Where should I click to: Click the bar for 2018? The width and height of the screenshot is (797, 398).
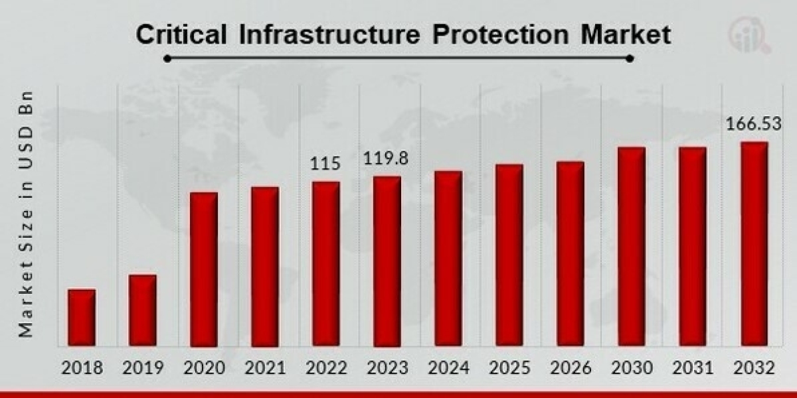[x=82, y=318]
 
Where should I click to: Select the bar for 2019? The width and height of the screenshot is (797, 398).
[x=143, y=310]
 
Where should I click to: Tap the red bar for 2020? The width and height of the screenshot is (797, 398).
[x=204, y=269]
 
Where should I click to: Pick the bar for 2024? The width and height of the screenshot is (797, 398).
[x=448, y=259]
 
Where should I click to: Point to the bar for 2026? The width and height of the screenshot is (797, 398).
[x=571, y=254]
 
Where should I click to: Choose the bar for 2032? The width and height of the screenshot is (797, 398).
[x=754, y=244]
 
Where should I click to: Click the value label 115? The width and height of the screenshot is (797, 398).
[x=325, y=163]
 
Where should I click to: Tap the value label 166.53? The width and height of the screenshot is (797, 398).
[x=753, y=124]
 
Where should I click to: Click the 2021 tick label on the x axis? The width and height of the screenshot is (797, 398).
[x=264, y=367]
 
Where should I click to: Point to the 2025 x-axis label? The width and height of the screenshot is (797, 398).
[x=509, y=367]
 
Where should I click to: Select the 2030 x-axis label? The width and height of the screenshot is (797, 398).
[x=632, y=367]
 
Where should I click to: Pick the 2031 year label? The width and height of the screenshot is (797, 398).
[x=693, y=367]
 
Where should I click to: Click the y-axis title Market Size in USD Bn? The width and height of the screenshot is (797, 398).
[x=26, y=214]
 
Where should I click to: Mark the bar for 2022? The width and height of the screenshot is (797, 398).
[x=326, y=264]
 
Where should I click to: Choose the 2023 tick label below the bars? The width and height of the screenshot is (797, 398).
[x=387, y=367]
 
